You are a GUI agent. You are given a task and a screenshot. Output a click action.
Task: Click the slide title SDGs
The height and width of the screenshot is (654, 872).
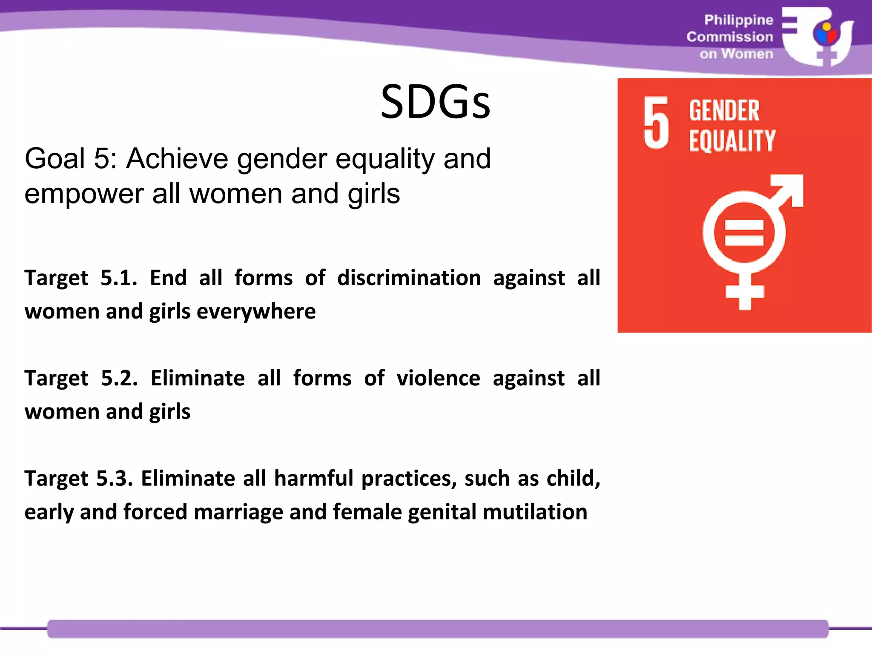(435, 102)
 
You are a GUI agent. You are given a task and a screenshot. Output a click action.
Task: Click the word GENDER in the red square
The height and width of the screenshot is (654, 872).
(724, 111)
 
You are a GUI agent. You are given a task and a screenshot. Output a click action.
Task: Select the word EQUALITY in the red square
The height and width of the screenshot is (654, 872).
(732, 141)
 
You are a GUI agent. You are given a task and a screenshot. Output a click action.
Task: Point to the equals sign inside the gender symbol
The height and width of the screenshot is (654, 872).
(744, 233)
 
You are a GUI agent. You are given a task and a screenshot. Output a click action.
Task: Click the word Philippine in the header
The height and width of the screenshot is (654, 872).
(738, 20)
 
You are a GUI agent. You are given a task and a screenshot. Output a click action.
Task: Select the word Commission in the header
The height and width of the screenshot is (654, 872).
(730, 37)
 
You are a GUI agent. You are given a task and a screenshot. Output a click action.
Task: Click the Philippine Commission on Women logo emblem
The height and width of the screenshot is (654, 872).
(817, 37)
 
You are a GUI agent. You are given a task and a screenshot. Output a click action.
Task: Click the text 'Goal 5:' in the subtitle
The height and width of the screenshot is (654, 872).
(70, 159)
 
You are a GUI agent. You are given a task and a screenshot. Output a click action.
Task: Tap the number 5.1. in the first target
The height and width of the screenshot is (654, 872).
(119, 278)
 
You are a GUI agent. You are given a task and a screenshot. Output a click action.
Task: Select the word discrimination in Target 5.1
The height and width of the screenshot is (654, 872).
(409, 278)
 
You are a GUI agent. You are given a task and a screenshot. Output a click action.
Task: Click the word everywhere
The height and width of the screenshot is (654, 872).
(256, 312)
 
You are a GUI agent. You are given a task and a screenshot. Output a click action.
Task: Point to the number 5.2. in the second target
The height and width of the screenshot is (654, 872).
(119, 378)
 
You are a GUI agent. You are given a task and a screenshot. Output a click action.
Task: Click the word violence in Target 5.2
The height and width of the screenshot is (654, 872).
(438, 378)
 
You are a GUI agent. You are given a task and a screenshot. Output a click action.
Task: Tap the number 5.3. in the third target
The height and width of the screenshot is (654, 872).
(115, 479)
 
